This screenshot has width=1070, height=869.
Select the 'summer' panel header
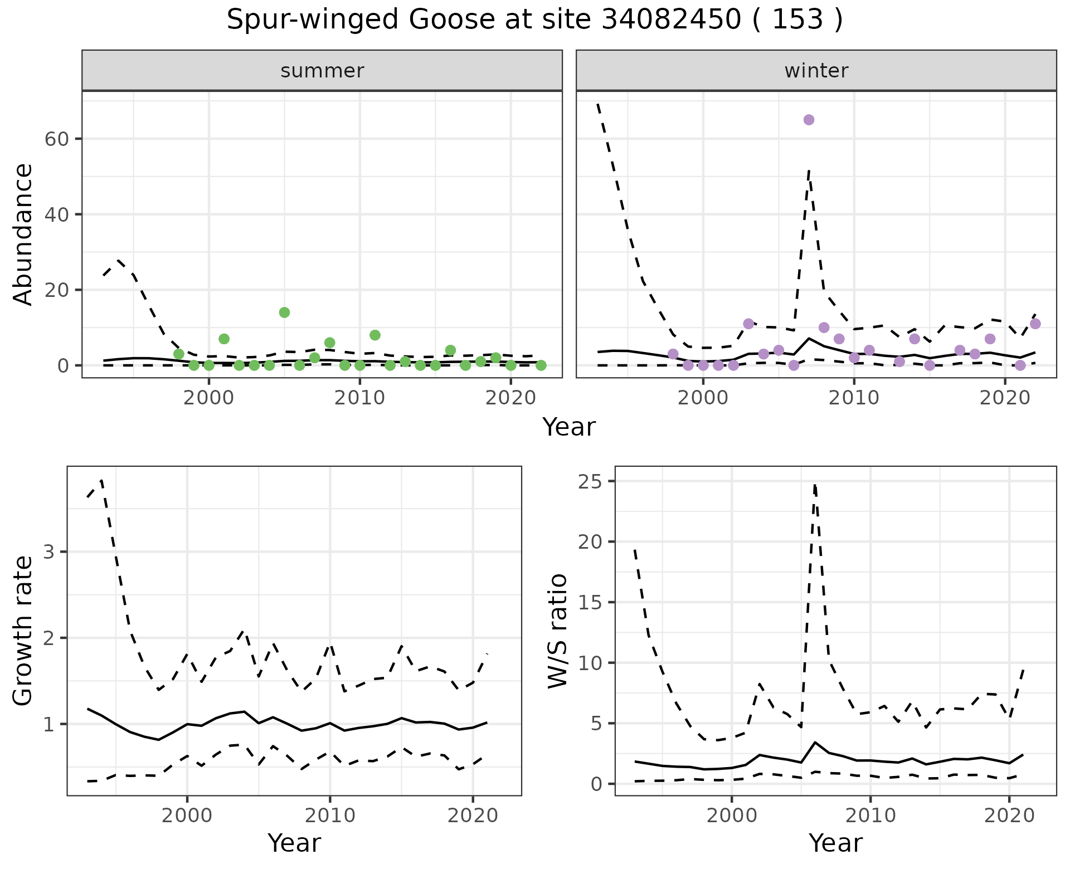click(322, 71)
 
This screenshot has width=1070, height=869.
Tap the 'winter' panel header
click(816, 71)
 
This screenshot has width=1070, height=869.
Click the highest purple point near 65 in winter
click(809, 120)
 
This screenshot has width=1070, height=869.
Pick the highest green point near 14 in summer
click(284, 313)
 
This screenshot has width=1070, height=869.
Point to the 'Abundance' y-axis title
click(23, 234)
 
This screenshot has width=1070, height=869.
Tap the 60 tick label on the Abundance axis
click(56, 139)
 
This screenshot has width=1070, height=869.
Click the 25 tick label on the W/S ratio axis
click(591, 481)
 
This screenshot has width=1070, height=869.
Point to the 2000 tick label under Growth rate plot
click(187, 816)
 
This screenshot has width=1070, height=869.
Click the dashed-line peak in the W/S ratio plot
click(815, 485)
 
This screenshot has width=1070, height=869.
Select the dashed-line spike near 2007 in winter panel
click(809, 171)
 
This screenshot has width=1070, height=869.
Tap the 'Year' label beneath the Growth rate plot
click(294, 843)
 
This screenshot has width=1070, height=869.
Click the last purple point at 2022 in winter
click(1035, 324)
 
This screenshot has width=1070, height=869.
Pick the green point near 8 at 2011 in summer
click(374, 335)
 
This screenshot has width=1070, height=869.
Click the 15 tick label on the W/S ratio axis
click(591, 602)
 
